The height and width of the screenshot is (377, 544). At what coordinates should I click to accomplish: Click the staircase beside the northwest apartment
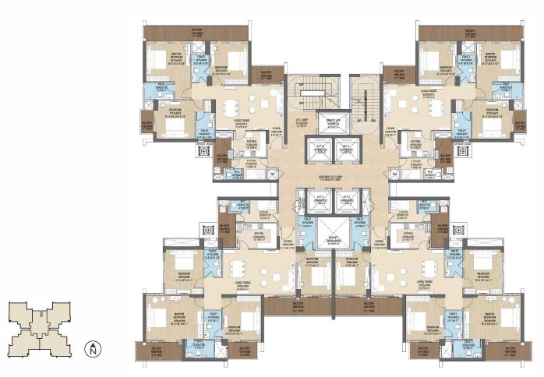(x=309, y=97)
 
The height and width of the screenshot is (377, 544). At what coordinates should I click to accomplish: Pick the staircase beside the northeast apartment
(x=359, y=97)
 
